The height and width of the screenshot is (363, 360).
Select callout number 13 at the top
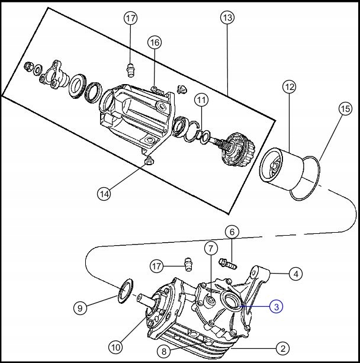point(227,18)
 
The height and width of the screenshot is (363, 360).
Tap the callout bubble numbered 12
point(288,88)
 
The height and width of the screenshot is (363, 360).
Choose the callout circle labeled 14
point(104,192)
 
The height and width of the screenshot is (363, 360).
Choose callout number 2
point(283,348)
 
